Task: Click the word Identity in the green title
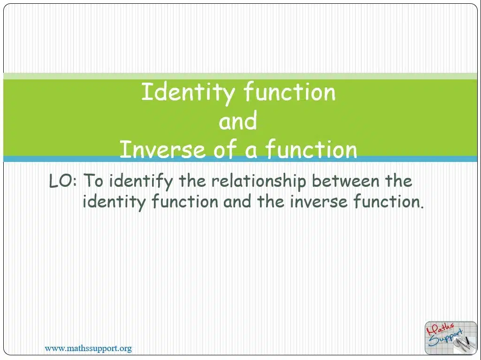point(188,92)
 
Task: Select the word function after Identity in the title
point(290,92)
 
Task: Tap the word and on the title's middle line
point(238,120)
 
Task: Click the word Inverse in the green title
point(162,149)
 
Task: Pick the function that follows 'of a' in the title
point(312,149)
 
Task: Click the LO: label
point(62,181)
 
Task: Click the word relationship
point(259,181)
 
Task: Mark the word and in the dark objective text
point(237,202)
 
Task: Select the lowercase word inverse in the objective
point(319,202)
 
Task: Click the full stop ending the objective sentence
point(422,207)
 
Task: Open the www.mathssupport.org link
point(88,348)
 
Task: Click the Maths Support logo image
point(450,337)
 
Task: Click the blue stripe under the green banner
point(240,159)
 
